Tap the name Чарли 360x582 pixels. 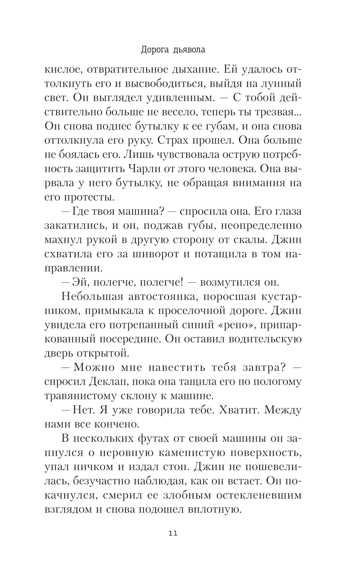(144, 169)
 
